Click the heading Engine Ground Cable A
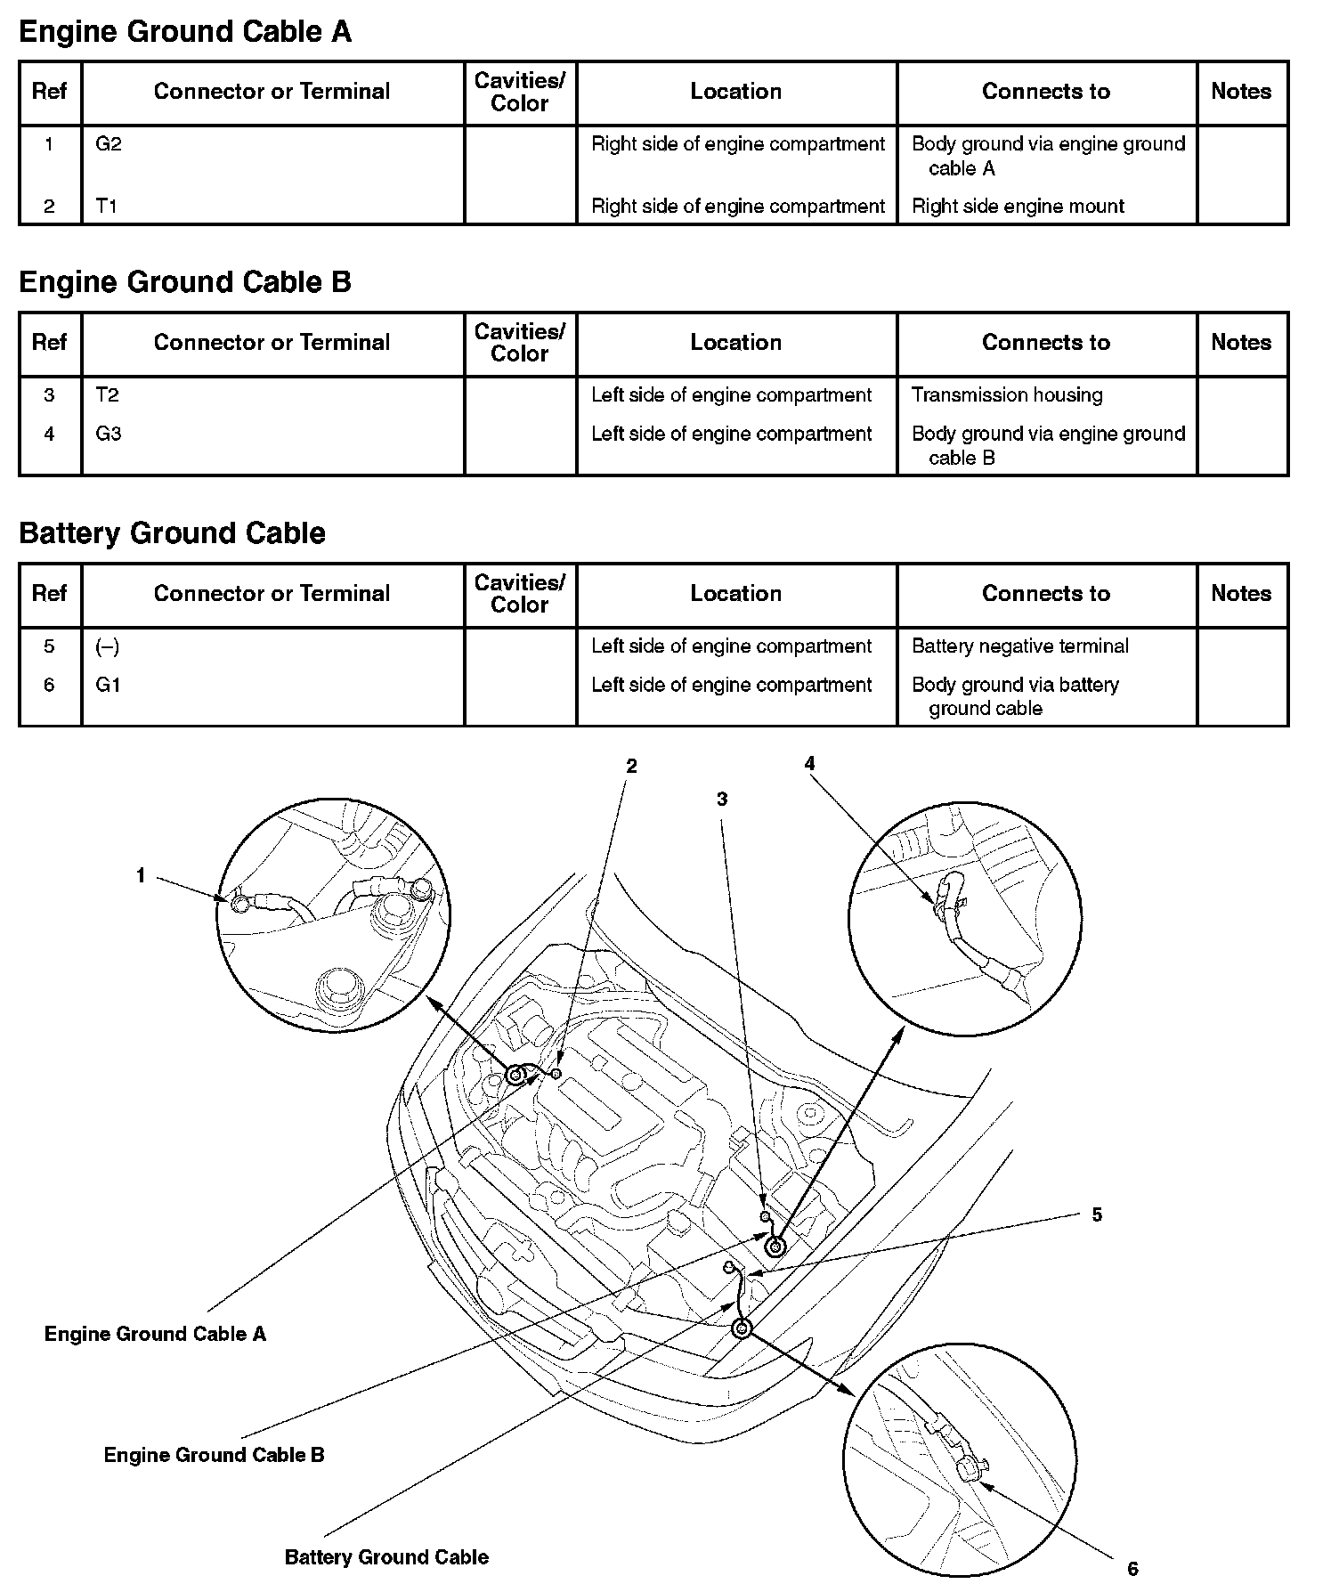pos(185,32)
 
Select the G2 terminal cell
pos(108,144)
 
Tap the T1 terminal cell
pos(106,207)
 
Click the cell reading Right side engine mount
pos(1018,207)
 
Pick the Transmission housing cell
pos(1007,395)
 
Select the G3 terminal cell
pos(108,434)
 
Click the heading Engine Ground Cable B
pos(185,282)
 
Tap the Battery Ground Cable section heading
pos(172,533)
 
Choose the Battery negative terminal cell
pos(1019,646)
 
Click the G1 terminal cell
pos(108,685)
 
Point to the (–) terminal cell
pos(107,646)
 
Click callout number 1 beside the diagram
pos(141,876)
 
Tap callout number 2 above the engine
pos(631,766)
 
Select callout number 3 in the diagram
pos(722,800)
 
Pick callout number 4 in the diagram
pos(809,763)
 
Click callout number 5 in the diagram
pos(1097,1214)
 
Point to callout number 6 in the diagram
pos(1132,1569)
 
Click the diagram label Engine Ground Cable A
pos(155,1334)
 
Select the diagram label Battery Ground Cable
pos(386,1557)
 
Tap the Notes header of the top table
pos(1241,92)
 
